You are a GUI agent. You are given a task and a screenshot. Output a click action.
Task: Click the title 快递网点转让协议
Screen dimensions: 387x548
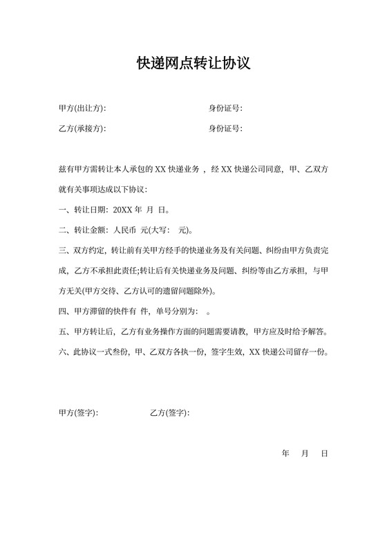click(193, 64)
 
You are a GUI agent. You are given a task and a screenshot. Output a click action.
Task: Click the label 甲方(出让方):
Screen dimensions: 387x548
click(83, 109)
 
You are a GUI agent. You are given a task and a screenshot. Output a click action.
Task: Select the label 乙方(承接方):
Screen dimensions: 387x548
click(83, 129)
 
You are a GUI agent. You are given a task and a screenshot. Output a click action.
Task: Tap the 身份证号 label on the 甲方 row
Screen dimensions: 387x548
click(225, 109)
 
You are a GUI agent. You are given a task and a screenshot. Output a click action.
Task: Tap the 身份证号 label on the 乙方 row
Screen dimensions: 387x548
click(225, 129)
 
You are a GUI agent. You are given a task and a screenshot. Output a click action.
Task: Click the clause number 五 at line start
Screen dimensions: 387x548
click(63, 331)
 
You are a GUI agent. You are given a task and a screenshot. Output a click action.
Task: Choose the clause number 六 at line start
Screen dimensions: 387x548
click(63, 351)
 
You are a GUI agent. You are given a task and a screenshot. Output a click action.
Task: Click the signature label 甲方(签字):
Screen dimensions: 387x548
click(79, 413)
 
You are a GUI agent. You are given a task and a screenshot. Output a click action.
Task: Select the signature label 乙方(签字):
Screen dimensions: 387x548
click(169, 413)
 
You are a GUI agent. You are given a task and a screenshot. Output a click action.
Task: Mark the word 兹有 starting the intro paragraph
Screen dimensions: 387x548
click(67, 170)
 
